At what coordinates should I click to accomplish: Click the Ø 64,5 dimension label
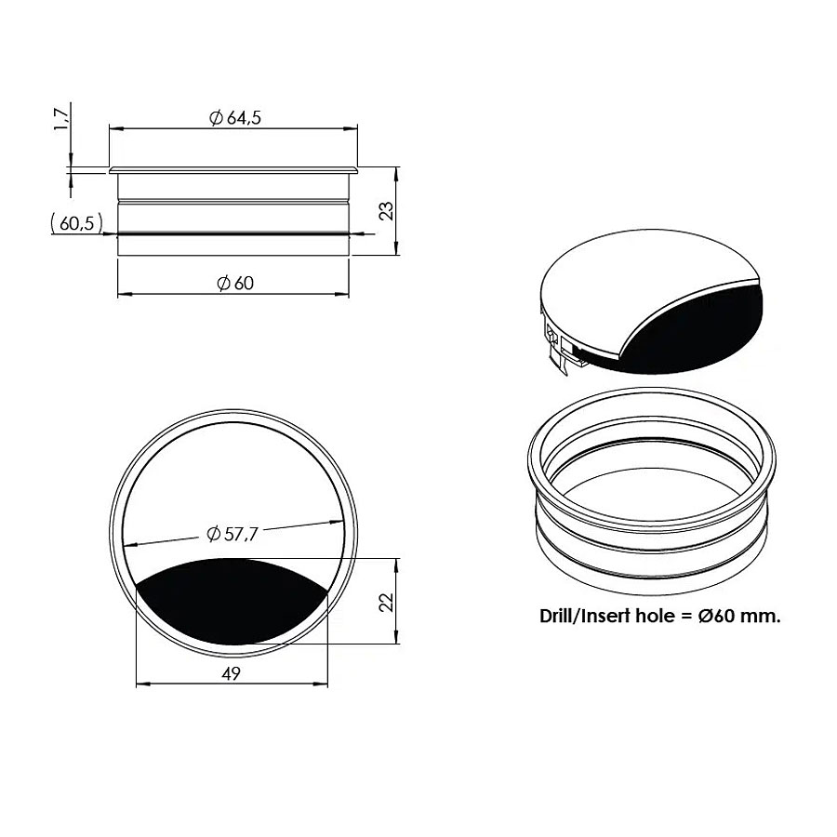point(235,117)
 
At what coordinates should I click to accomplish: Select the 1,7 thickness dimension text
point(61,118)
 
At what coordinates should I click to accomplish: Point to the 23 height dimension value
point(387,210)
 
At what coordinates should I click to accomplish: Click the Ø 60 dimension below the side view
point(235,283)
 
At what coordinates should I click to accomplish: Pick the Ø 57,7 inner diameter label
point(232,534)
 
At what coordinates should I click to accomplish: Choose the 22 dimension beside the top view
point(387,602)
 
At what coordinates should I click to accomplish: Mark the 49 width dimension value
point(232,673)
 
